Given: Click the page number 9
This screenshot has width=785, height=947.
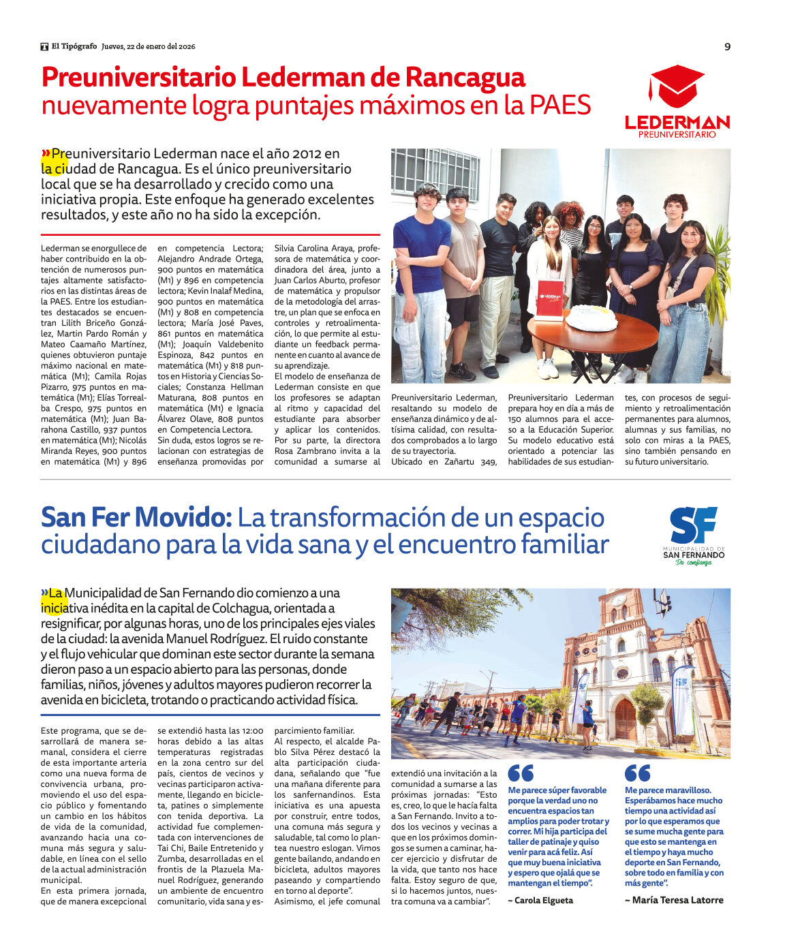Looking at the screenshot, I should coord(727,47).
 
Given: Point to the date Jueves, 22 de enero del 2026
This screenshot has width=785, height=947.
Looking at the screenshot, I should coord(149,46).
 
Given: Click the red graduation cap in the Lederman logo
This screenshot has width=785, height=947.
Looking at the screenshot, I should coord(676,86).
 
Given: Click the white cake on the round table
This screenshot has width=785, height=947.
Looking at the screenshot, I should coord(591,317).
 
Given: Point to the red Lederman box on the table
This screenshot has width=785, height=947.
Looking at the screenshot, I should coord(549,299).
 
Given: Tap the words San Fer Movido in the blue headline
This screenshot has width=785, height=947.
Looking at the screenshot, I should coord(136,518).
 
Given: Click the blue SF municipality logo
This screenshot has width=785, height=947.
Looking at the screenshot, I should coord(693,525).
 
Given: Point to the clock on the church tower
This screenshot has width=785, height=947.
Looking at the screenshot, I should coord(619,600).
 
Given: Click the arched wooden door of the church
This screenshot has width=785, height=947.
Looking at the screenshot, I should coord(625,719).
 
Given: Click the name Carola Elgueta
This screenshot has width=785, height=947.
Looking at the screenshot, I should coord(540,900).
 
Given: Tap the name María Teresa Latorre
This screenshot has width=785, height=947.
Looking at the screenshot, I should coord(674,900).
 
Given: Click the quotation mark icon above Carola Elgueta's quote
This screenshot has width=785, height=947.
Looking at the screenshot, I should coord(521,773).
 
